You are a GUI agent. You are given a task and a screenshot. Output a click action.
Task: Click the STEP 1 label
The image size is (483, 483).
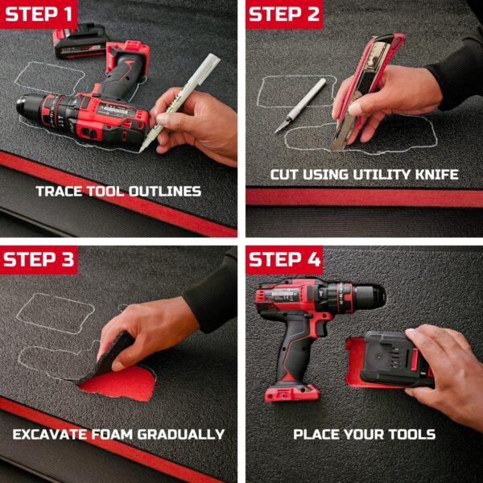pos(39,14)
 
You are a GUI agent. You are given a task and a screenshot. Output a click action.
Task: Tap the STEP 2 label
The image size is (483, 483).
pos(284,14)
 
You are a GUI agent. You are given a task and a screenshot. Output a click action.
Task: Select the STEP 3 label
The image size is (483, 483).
pos(39,259)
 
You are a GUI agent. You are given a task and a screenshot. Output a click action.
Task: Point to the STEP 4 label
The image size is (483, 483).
pos(284,259)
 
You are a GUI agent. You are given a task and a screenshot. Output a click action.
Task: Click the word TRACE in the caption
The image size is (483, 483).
pos(59,192)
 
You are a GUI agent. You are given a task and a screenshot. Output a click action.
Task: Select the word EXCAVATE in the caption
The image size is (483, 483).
pos(50,435)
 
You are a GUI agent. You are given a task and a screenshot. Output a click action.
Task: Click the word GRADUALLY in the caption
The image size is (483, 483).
pos(181,435)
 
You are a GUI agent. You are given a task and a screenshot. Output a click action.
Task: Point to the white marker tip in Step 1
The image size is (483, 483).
pos(142,151)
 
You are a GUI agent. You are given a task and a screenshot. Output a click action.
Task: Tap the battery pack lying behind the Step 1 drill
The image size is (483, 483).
pos(80,41)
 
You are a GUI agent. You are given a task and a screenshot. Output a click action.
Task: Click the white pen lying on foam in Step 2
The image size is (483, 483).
pos(300,105)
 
